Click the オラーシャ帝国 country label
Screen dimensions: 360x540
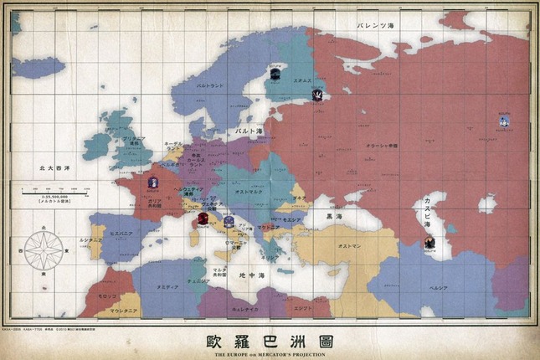pos(382,147)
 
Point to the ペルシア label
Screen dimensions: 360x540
pos(462,286)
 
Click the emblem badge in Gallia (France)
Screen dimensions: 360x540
pos(152,182)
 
